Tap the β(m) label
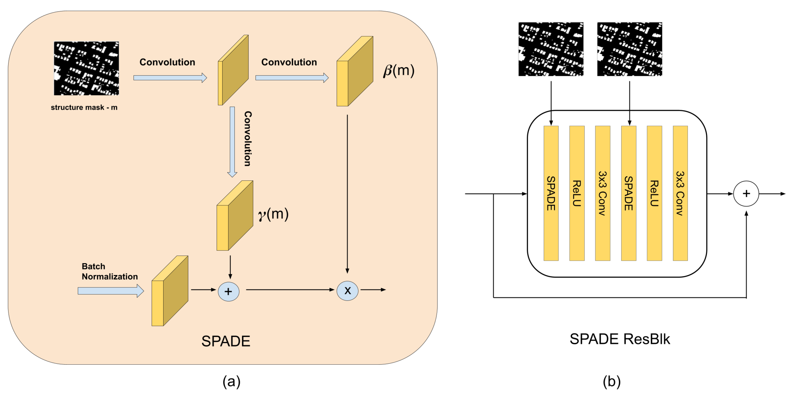click(x=398, y=71)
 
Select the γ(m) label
click(x=273, y=214)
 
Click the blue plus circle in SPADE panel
click(x=229, y=291)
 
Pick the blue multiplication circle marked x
click(x=347, y=291)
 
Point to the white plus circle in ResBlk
click(x=746, y=194)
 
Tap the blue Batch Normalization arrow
click(x=110, y=291)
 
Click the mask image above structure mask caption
click(x=87, y=68)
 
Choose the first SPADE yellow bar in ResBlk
click(x=551, y=193)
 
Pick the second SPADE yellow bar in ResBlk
click(x=628, y=193)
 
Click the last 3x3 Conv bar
click(x=680, y=193)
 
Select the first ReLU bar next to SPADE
click(x=576, y=193)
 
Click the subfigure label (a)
click(x=232, y=381)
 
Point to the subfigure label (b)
click(x=612, y=381)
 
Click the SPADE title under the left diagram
click(x=226, y=341)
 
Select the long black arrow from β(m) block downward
click(x=347, y=193)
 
